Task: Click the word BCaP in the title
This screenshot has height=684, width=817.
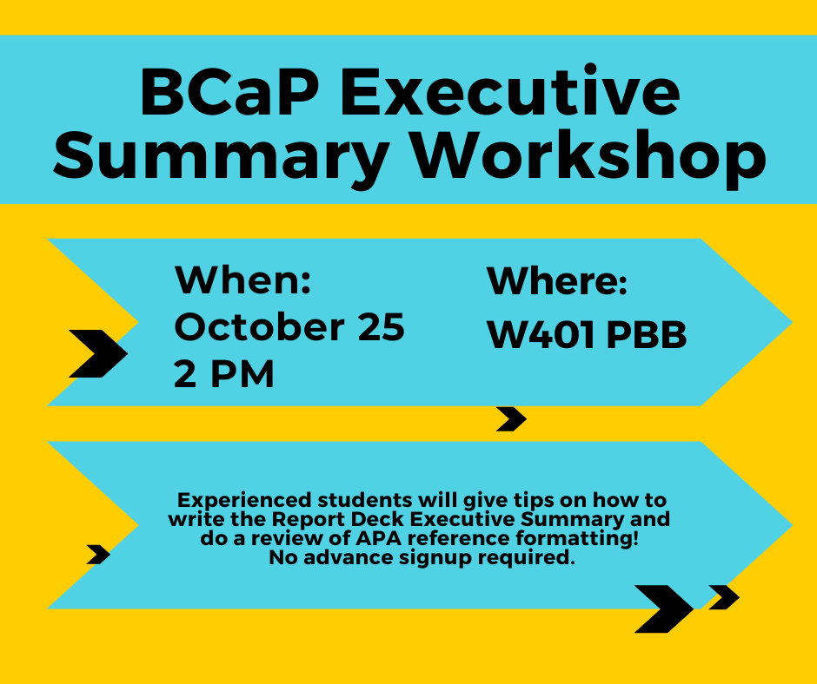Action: click(x=229, y=93)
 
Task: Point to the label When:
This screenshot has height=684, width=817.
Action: click(x=242, y=280)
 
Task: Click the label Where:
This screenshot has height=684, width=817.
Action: click(x=556, y=281)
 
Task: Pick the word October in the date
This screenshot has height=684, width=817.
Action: click(x=259, y=327)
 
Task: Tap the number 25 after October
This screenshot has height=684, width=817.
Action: click(x=381, y=327)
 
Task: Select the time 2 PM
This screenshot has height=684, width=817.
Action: click(x=223, y=374)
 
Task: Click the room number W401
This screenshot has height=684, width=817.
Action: click(x=541, y=334)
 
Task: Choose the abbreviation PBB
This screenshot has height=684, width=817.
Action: click(x=647, y=335)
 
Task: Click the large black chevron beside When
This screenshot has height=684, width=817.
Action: click(x=98, y=353)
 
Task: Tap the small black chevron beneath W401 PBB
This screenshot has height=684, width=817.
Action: click(x=511, y=419)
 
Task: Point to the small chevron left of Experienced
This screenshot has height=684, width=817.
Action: click(x=98, y=555)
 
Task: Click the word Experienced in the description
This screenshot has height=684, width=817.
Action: click(x=244, y=500)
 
